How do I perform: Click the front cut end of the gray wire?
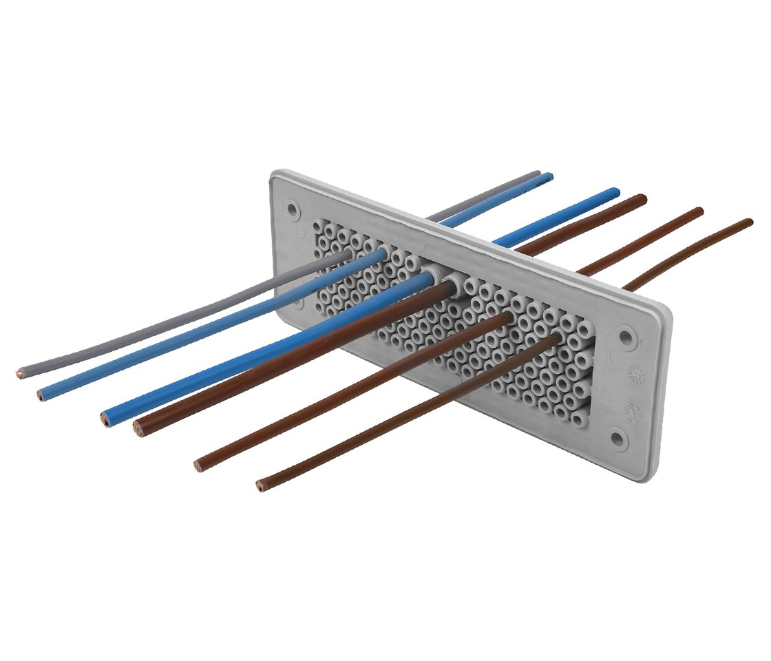click(x=19, y=375)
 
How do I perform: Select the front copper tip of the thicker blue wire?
click(x=105, y=419)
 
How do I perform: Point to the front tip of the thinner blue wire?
click(x=41, y=396)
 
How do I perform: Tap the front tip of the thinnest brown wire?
click(x=260, y=487)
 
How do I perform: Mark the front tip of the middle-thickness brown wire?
click(x=198, y=467)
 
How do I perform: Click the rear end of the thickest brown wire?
click(x=643, y=198)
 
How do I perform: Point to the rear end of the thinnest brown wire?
click(x=749, y=222)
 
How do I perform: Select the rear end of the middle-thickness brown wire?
click(x=699, y=211)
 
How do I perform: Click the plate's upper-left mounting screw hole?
click(x=293, y=207)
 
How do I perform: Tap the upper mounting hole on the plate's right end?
click(x=625, y=337)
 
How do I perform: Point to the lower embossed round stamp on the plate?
click(x=631, y=411)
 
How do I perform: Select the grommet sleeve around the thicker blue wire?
click(x=431, y=277)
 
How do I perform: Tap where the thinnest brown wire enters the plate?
click(x=555, y=339)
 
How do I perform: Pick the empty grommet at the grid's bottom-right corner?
click(x=580, y=417)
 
